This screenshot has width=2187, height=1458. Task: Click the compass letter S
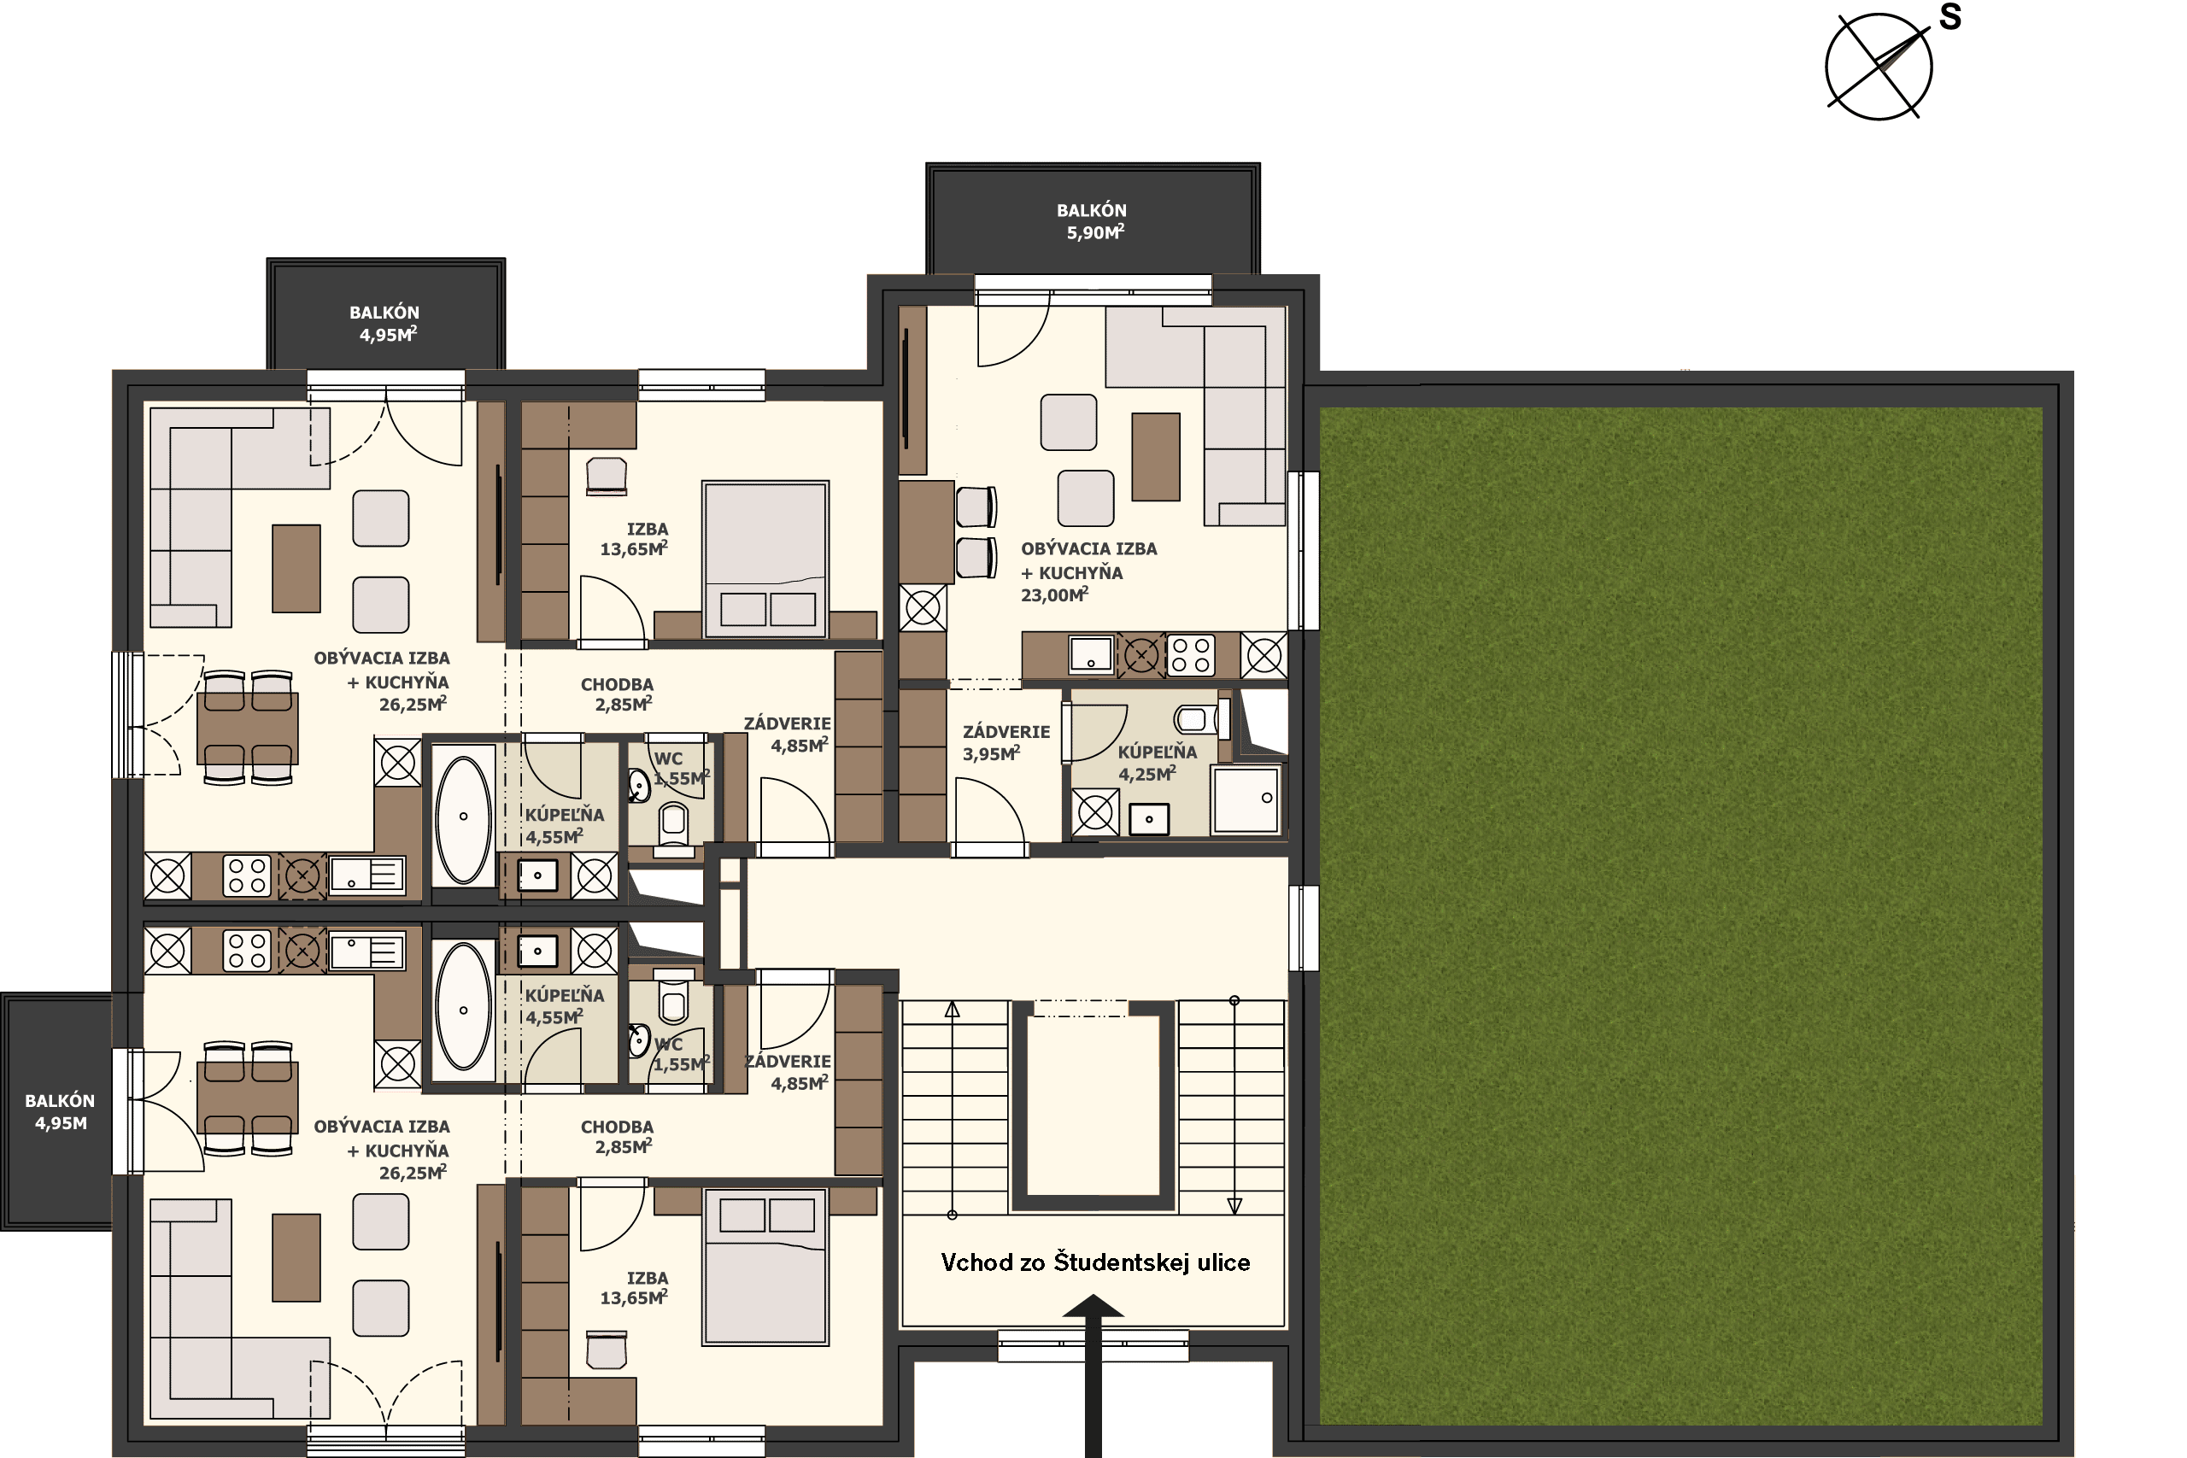click(1950, 17)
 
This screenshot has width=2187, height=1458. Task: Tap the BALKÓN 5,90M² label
click(1092, 221)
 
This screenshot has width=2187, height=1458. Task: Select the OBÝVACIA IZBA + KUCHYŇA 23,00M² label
click(1089, 572)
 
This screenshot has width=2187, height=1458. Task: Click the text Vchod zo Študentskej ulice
click(1094, 1262)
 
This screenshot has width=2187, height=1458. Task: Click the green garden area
click(1681, 916)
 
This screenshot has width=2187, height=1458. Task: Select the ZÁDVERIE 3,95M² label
click(1006, 743)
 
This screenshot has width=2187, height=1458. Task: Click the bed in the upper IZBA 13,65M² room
click(765, 559)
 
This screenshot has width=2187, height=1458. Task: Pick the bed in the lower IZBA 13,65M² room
click(765, 1267)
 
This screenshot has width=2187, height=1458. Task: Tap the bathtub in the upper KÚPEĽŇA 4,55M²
click(463, 819)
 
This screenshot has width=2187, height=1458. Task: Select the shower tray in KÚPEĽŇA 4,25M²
click(1246, 799)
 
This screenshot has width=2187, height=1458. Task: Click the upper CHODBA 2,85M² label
click(617, 694)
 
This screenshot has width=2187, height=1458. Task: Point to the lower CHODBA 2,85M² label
click(617, 1136)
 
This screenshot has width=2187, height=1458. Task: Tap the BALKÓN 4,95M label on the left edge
click(60, 1112)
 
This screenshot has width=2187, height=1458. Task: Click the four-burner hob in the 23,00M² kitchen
click(1190, 653)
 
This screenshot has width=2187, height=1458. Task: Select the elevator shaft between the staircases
click(1093, 1105)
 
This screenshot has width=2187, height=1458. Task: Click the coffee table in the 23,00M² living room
click(1156, 457)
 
